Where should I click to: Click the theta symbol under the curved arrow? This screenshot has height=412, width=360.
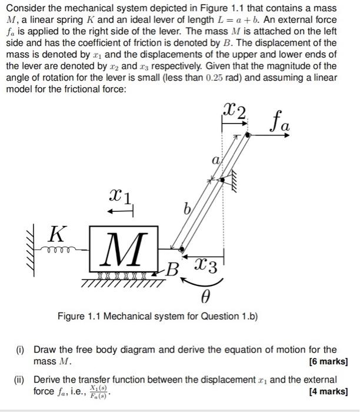[205, 299]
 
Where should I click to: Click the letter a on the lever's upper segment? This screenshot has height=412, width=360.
[216, 159]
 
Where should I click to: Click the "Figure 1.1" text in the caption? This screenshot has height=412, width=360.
[79, 317]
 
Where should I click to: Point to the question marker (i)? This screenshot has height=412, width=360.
[22, 350]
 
